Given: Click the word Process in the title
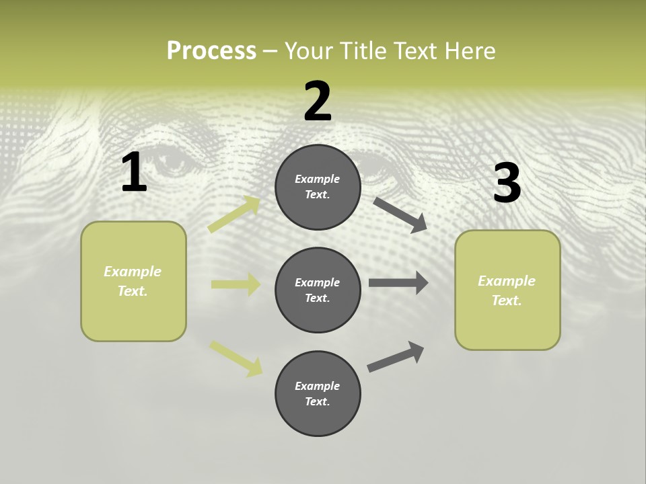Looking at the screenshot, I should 211,51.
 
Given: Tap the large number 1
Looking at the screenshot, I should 133,173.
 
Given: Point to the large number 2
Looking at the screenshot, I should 318,102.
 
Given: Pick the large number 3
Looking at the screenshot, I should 507,183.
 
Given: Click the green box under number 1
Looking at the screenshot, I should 133,281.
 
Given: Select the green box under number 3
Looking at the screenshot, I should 507,290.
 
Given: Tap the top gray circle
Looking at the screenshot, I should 318,187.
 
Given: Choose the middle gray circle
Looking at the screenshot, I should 318,290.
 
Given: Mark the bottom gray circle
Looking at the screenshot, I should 318,393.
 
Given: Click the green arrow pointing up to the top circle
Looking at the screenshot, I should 234,214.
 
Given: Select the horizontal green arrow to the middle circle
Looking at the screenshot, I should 236,284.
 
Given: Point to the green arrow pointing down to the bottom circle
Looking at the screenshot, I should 236,358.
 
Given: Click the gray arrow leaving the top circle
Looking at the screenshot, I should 400,214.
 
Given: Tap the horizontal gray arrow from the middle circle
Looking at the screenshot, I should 398,283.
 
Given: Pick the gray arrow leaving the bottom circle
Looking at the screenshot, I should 396,356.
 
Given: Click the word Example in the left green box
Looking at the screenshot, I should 133,272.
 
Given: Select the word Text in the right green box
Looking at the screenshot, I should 505,300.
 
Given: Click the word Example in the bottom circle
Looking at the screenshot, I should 318,386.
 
